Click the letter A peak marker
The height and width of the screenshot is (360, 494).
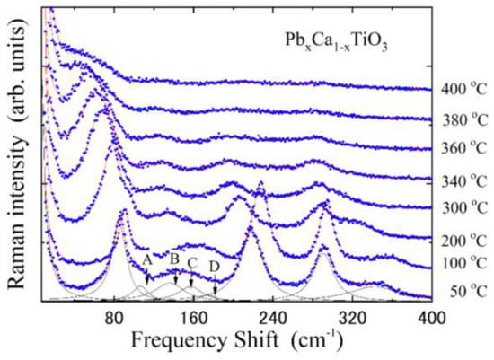pos(146,259)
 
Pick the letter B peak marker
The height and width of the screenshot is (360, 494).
pos(174,259)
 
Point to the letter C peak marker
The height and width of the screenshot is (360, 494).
pos(191,262)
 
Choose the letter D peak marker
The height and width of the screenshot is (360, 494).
pos(214,266)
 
